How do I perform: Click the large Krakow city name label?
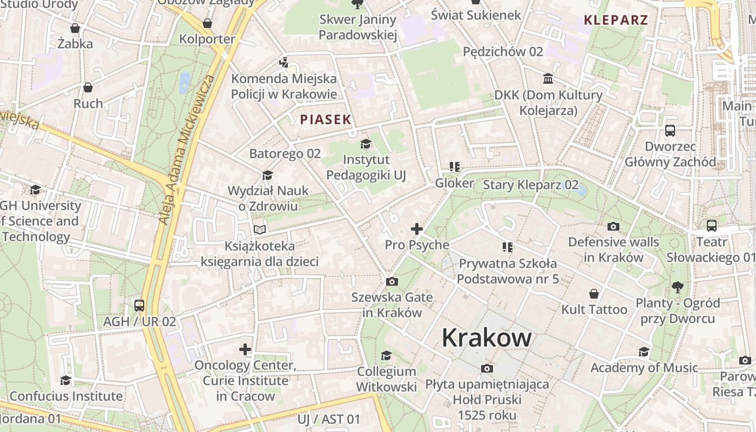[x=487, y=338]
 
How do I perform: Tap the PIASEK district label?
[x=326, y=119]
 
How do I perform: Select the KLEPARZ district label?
[x=616, y=21]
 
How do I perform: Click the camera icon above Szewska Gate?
[x=392, y=281]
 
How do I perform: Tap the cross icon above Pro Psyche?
[x=417, y=229]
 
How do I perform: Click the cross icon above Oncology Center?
[x=245, y=349]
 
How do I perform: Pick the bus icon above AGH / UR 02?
[x=139, y=306]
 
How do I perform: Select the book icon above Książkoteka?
[x=260, y=230]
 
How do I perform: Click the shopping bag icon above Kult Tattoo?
[x=594, y=294]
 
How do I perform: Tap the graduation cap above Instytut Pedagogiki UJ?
[x=366, y=144]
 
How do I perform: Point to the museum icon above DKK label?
[x=549, y=79]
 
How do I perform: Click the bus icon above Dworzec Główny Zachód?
[x=670, y=130]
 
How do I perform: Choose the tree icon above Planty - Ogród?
[x=678, y=287]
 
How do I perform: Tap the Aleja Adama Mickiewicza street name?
[x=186, y=150]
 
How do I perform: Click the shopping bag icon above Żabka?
[x=75, y=28]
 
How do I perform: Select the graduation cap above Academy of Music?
[x=644, y=352]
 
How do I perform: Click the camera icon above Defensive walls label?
[x=613, y=226]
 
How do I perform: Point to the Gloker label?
[x=454, y=183]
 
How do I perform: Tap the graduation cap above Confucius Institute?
[x=66, y=380]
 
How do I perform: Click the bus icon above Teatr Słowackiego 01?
[x=712, y=226]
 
